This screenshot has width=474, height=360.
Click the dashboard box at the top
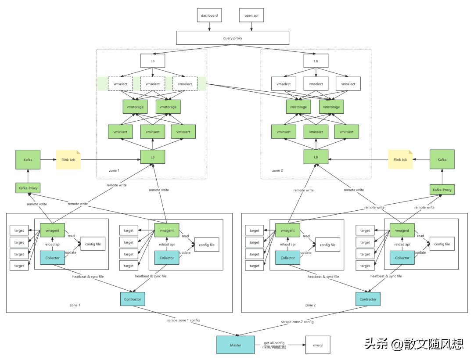(209, 15)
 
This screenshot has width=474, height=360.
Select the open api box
(251, 15)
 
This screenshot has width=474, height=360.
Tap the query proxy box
(233, 38)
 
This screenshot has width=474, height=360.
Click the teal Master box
(236, 345)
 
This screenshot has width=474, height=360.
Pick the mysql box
(318, 345)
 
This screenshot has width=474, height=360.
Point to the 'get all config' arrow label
(274, 345)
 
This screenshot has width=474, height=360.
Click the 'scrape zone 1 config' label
(183, 320)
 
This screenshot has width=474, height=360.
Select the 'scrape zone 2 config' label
(297, 322)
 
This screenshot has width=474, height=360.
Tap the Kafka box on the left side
(28, 159)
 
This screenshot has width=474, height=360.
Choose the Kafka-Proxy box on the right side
(442, 190)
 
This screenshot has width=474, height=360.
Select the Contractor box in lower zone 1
(133, 299)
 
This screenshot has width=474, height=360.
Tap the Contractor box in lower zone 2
(368, 299)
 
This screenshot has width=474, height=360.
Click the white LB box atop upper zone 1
(152, 61)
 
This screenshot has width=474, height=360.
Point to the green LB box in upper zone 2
(316, 157)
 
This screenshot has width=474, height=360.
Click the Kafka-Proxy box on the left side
(28, 188)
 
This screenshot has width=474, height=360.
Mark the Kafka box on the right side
(442, 159)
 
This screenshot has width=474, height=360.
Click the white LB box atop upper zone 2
(316, 61)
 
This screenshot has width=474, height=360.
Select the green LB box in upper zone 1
(152, 157)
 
